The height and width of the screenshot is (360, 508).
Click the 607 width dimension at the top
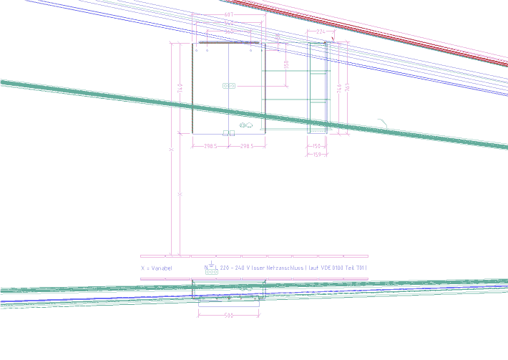coord(229,15)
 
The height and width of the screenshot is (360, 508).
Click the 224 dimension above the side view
coord(320,32)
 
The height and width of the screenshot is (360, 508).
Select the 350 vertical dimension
coord(286,64)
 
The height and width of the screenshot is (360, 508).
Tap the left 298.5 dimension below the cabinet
coord(210,146)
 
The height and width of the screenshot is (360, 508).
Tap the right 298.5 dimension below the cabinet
coord(247,146)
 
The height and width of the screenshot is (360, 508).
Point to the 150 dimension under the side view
coord(316,146)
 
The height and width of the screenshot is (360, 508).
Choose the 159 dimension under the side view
coord(316,155)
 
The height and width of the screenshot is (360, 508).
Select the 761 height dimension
coord(348,87)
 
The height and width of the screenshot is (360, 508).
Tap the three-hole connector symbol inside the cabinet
coord(229,86)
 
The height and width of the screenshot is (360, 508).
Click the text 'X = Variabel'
coord(157,268)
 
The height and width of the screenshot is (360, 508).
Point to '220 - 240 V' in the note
coord(235,268)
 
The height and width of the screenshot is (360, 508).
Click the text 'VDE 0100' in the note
coord(335,268)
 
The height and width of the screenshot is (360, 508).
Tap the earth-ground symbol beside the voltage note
coord(211,266)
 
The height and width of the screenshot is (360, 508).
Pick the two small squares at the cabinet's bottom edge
coord(229,133)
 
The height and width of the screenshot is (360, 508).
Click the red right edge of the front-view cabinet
coord(265,86)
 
